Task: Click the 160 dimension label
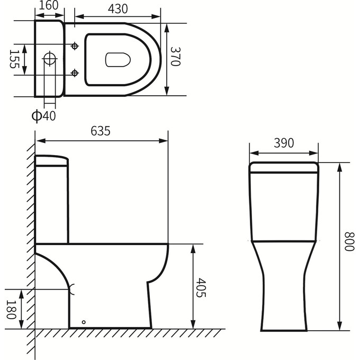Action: [x=49, y=5]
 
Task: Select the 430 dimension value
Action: [x=118, y=8]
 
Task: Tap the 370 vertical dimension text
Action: [x=176, y=57]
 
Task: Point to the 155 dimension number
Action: [x=14, y=59]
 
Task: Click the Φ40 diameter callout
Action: [x=43, y=115]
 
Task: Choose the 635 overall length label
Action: [x=101, y=131]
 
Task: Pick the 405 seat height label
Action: [x=201, y=287]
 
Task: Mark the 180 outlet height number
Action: [x=11, y=310]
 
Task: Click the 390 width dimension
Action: [x=284, y=143]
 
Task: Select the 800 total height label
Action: [x=349, y=241]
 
